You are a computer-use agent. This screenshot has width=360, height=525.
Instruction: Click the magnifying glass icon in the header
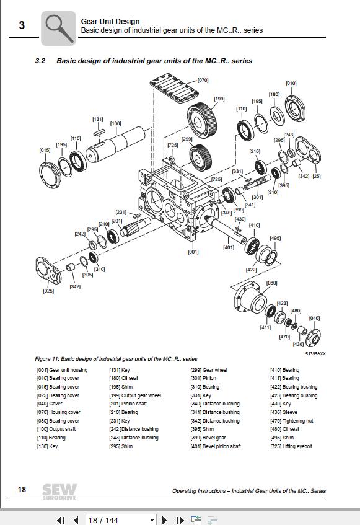coord(58,27)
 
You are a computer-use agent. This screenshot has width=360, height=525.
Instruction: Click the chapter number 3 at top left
coord(22,25)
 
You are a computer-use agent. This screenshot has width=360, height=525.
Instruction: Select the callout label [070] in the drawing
coord(203,81)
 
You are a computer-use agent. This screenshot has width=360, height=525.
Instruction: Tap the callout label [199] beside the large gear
coord(219,99)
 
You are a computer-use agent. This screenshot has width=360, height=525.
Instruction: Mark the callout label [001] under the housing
coord(193,252)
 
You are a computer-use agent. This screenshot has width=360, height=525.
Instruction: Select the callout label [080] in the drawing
coord(271,283)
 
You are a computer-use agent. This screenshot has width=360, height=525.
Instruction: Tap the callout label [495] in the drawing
coord(275,238)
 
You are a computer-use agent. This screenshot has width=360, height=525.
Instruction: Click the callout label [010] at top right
coord(291,83)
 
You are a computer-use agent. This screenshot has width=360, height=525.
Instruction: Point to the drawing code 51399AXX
coord(315,353)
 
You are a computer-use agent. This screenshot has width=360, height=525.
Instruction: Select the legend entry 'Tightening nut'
coord(292,421)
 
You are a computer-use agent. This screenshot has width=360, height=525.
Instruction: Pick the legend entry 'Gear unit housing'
coord(62,370)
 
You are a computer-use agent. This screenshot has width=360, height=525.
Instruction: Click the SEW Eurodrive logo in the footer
coord(59,490)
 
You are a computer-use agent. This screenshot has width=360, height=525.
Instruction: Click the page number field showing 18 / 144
coord(120,519)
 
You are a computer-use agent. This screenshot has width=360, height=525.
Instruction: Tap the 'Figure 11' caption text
coord(116,359)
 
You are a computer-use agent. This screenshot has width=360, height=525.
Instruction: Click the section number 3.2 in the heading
coord(41,61)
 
